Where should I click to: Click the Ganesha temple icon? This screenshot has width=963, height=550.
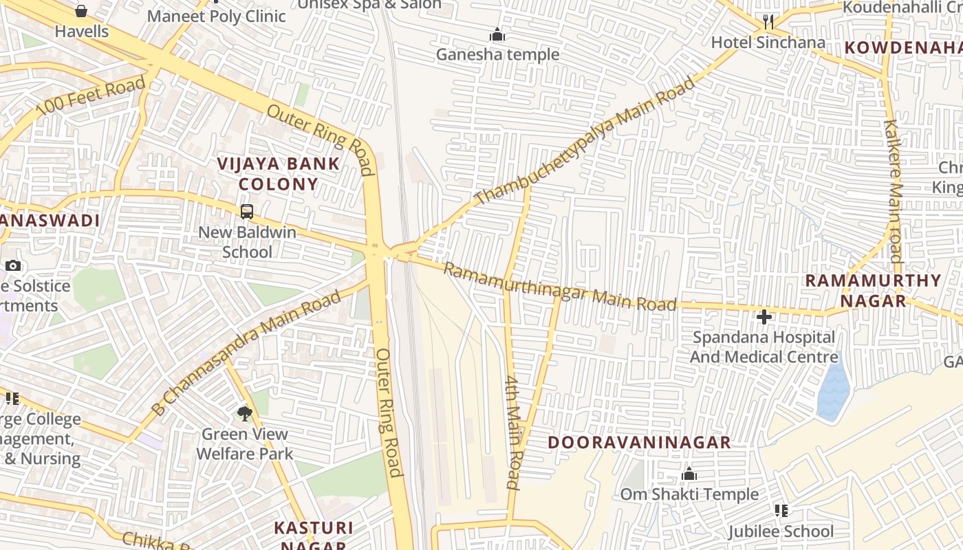497,34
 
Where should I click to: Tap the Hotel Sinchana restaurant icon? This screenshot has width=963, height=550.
768,22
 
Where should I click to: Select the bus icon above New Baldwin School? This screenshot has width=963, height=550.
247,212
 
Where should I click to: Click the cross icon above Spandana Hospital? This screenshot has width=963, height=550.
764,317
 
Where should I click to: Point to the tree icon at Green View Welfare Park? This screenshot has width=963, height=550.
244,413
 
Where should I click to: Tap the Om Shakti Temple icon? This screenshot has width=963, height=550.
689,474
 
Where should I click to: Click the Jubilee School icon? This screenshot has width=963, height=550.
781,510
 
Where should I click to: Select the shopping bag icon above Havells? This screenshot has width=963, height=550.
81,11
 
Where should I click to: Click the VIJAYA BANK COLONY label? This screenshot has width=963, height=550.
278,174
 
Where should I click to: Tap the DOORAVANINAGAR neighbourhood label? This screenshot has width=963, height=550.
639,442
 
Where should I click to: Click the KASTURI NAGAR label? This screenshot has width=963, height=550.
314,536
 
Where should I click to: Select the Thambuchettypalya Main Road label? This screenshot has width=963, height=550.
585,141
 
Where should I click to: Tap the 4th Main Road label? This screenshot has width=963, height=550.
513,432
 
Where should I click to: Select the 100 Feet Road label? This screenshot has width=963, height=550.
91,96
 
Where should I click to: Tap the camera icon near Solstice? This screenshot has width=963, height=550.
12,265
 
